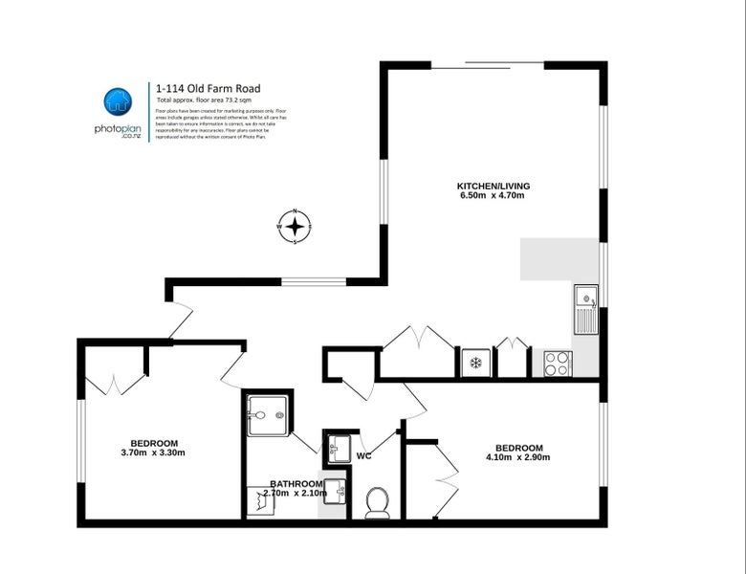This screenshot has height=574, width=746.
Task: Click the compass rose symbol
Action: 296,227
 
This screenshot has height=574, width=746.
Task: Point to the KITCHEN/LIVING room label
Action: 493,185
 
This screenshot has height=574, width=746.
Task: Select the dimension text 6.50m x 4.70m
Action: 493,195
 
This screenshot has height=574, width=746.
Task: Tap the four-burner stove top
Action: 557,364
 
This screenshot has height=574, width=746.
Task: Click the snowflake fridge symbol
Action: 473,364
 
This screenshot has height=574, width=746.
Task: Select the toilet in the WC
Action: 378,501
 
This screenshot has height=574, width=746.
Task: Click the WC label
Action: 363,456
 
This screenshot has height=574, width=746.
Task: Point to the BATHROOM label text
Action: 296,483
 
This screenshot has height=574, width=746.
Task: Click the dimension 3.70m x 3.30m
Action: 153,453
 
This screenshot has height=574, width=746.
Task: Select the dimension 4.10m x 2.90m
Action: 518,457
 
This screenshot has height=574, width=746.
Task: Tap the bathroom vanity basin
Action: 333,492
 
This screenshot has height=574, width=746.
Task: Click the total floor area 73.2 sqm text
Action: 208,99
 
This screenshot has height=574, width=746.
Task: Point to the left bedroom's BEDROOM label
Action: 153,442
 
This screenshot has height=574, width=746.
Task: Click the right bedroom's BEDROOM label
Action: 518,448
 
